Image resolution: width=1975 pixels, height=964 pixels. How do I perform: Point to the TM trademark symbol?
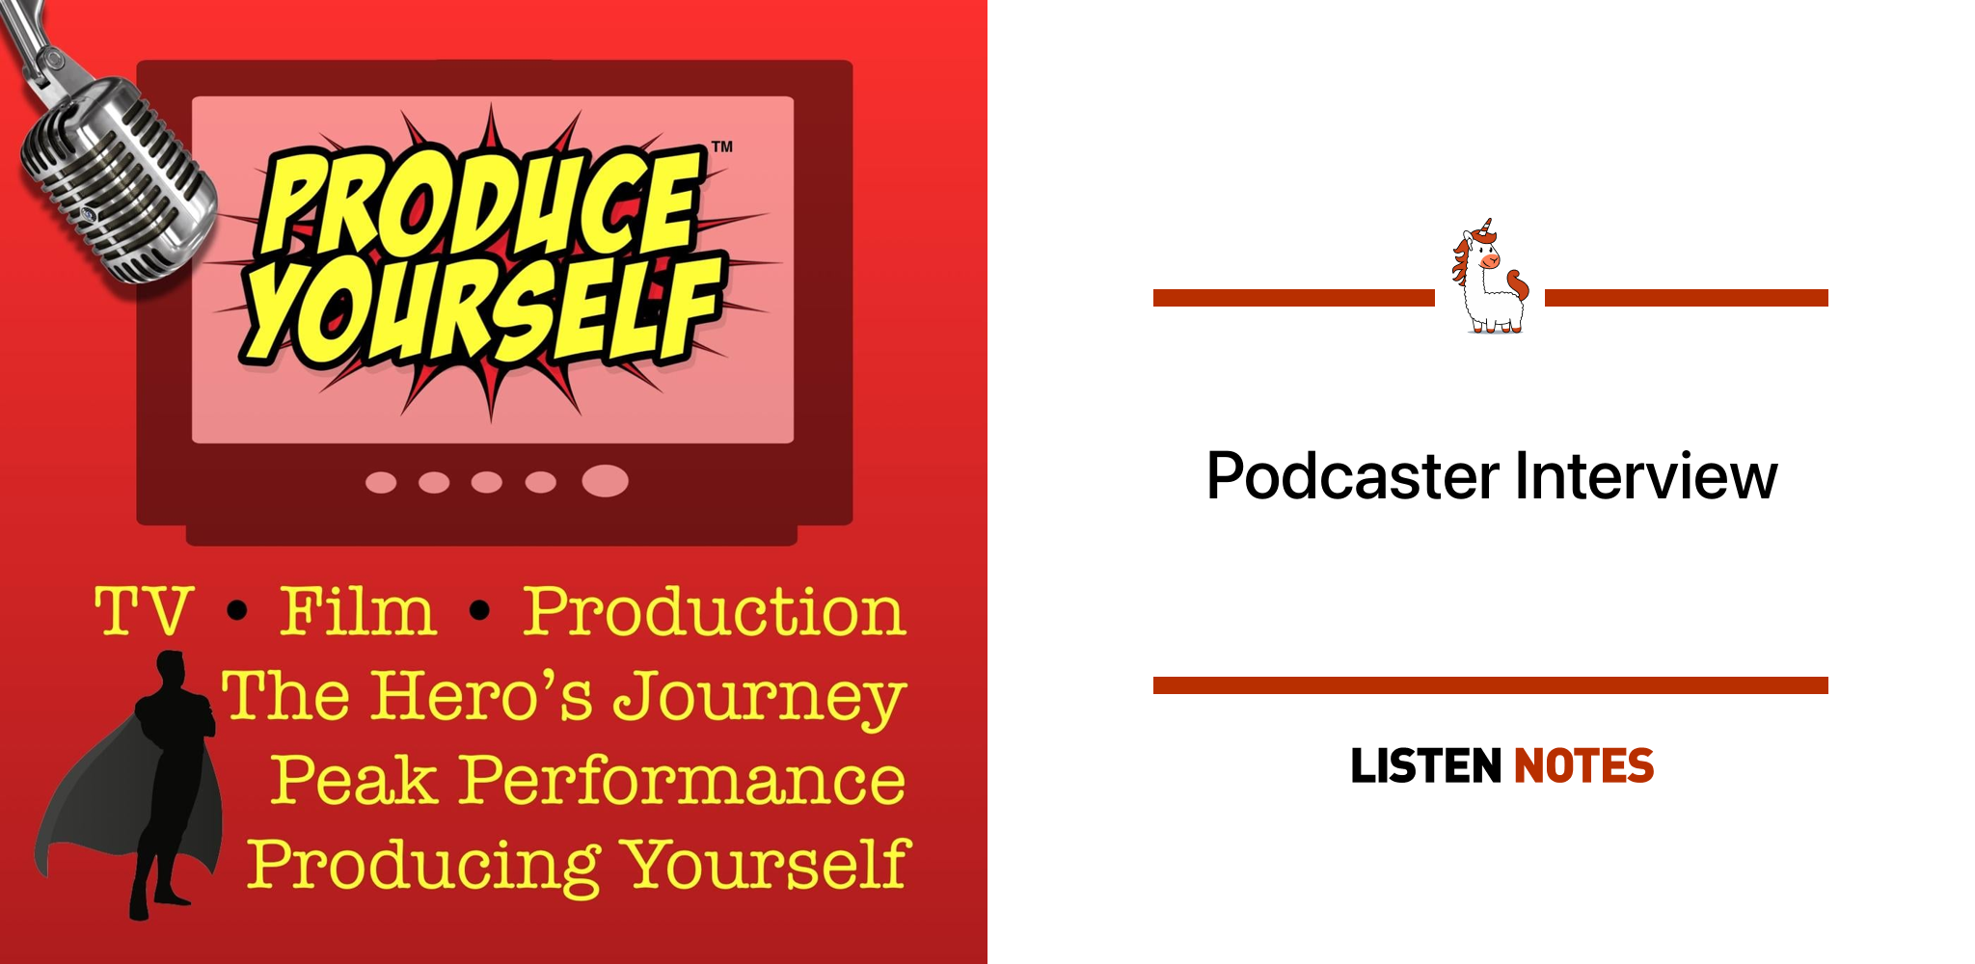click(722, 147)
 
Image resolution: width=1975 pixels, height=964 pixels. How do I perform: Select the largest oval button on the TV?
click(606, 480)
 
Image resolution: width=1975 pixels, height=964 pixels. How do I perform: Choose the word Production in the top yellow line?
click(715, 611)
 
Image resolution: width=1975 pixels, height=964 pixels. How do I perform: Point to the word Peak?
click(353, 779)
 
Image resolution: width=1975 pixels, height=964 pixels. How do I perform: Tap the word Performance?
click(682, 779)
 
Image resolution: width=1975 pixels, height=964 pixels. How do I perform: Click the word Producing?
click(424, 865)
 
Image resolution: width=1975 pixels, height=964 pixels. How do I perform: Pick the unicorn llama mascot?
click(1490, 277)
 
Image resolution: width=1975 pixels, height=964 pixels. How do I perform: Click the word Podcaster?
click(1353, 476)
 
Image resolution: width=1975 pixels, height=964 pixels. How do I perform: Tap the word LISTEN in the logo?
click(1426, 766)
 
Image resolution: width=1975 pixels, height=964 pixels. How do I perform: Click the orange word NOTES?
click(1584, 766)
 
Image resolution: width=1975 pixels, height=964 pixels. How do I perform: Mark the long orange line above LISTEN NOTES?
click(1491, 685)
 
